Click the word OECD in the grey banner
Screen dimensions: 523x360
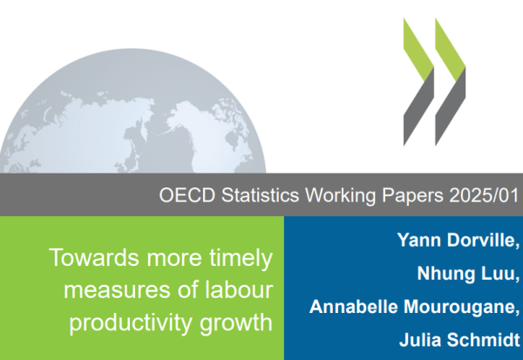click(x=187, y=195)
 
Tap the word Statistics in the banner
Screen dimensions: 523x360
click(x=260, y=195)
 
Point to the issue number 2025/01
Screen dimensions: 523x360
click(x=484, y=195)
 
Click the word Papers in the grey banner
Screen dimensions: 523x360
click(x=412, y=196)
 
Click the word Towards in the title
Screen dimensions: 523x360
click(x=94, y=257)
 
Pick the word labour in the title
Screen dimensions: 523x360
click(x=239, y=289)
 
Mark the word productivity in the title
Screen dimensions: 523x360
click(x=131, y=323)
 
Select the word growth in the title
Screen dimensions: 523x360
click(x=236, y=323)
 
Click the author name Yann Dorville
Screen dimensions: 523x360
click(x=458, y=241)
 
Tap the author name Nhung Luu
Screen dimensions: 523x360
click(x=468, y=274)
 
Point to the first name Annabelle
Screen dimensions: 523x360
click(x=354, y=306)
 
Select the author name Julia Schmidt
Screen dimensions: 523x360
click(x=459, y=340)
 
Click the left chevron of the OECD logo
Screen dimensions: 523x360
click(x=418, y=82)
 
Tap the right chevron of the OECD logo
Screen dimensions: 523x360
click(x=451, y=82)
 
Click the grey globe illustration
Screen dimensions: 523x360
click(x=132, y=113)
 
